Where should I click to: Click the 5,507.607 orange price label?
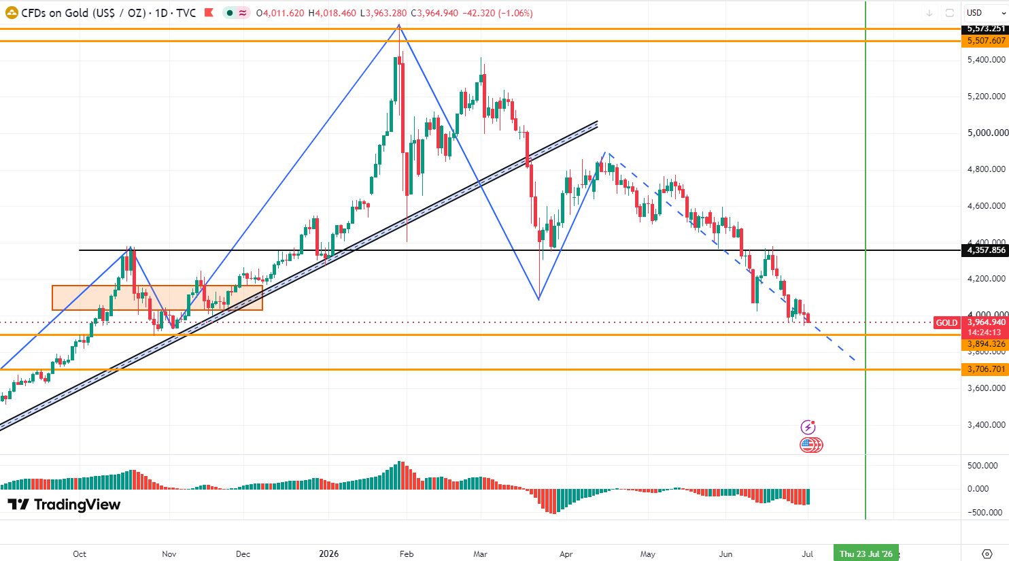point(985,41)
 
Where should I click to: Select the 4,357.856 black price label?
point(985,250)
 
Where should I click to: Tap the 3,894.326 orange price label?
point(985,344)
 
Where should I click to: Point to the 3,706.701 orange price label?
point(985,369)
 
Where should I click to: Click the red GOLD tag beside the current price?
point(946,322)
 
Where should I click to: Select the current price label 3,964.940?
point(985,322)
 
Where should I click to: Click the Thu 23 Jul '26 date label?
point(866,554)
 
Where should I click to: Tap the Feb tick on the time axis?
point(407,554)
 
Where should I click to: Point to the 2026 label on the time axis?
point(329,554)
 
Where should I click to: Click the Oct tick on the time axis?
point(80,554)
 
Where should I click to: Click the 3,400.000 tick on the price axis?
point(985,425)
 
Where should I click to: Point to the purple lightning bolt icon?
point(808,427)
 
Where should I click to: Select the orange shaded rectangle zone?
point(157,298)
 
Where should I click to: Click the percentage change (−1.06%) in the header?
point(515,13)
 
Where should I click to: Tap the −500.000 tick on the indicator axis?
point(985,512)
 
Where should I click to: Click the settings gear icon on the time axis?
point(987,554)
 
